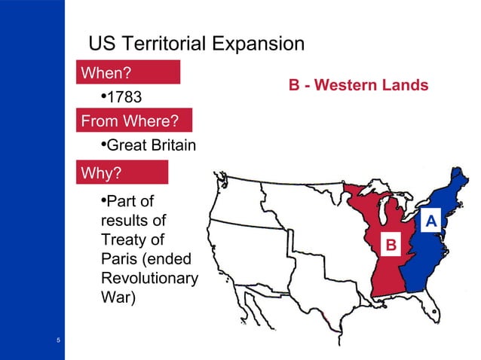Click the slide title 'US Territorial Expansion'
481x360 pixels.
pyautogui.click(x=196, y=43)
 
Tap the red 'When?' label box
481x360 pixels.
pyautogui.click(x=130, y=73)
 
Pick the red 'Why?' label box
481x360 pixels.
pyautogui.click(x=124, y=174)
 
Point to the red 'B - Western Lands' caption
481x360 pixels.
pyautogui.click(x=359, y=85)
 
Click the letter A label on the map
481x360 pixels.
pyautogui.click(x=430, y=221)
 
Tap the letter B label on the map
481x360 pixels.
pyautogui.click(x=391, y=244)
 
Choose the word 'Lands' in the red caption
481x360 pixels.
pyautogui.click(x=406, y=85)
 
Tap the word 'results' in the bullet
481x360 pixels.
pyautogui.click(x=133, y=222)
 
